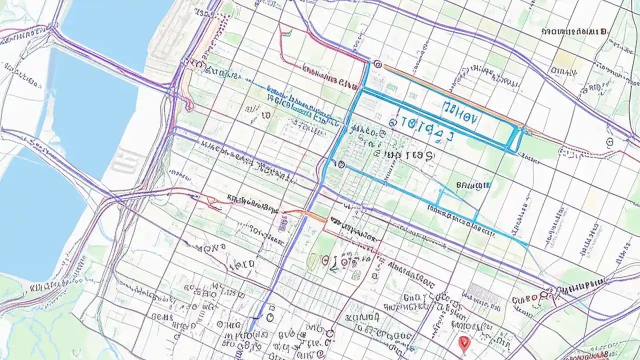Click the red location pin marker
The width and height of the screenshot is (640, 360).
click(x=463, y=342)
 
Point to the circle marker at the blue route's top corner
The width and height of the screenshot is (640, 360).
click(x=377, y=64)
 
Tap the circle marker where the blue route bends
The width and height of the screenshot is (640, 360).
click(x=341, y=164)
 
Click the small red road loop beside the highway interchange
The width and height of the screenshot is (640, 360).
click(x=188, y=104)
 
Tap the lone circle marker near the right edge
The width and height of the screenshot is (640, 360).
click(x=609, y=142)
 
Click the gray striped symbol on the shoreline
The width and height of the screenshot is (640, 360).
click(x=121, y=161)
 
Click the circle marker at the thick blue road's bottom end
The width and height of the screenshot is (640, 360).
click(x=270, y=317)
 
